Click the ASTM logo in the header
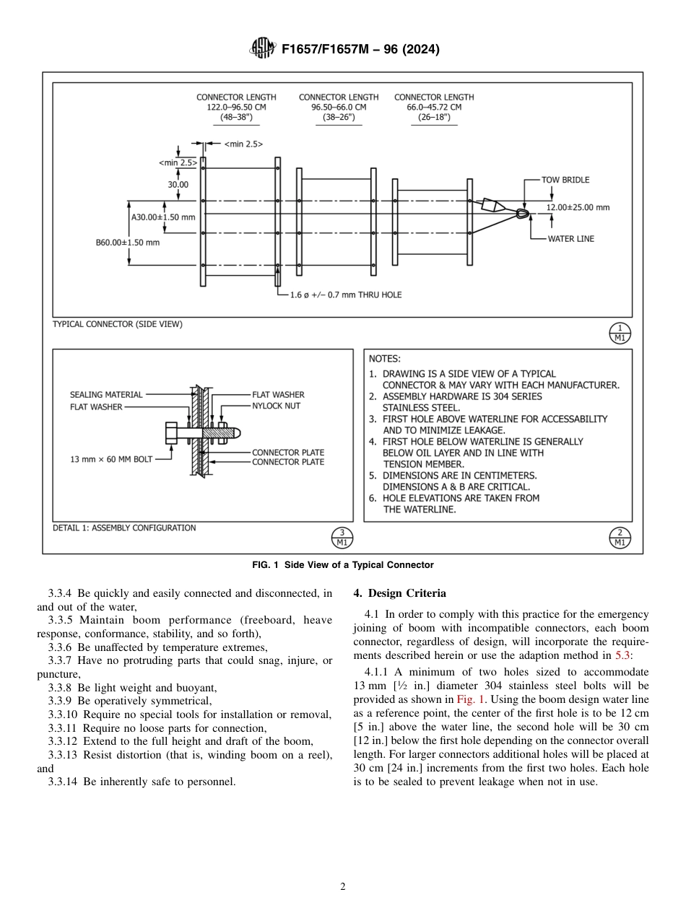262,49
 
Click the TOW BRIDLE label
565,180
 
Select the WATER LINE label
570,239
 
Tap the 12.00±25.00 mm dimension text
577,207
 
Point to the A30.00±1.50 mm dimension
162,217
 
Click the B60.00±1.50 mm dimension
127,242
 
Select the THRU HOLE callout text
346,294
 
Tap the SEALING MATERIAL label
106,395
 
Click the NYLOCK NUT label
276,406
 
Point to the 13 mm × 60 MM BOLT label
111,459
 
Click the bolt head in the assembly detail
171,433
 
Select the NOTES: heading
384,358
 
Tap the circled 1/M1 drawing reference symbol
619,333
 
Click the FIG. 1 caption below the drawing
343,564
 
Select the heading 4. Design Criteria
399,593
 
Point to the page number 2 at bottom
343,887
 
